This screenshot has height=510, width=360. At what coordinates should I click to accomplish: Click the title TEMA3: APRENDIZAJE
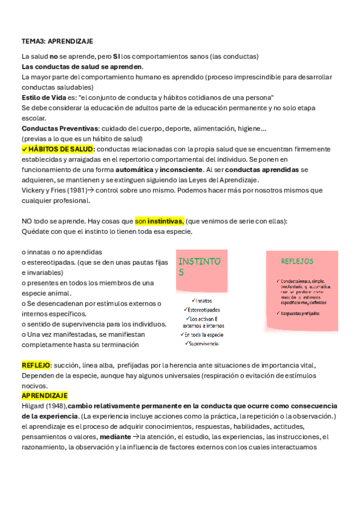[x=57, y=41]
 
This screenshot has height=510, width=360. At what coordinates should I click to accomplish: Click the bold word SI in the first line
[x=117, y=57]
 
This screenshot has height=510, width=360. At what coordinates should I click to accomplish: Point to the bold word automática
[x=138, y=170]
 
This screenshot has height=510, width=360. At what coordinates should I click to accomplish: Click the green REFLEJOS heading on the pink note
[x=297, y=262]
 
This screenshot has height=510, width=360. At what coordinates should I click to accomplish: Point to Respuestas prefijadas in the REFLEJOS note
[x=300, y=313]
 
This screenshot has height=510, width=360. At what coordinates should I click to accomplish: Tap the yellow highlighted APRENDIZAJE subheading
[x=44, y=396]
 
